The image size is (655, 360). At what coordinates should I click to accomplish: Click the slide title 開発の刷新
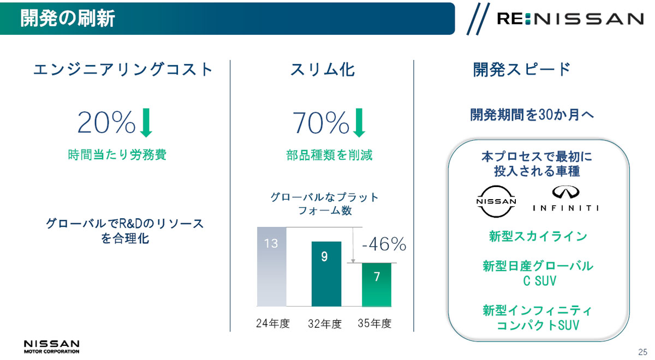pos(68,18)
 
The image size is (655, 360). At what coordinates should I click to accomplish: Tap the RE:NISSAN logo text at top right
pos(570,19)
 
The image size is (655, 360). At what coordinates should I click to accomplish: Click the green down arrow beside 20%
pos(146,123)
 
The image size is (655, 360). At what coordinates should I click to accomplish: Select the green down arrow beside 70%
pos(359,123)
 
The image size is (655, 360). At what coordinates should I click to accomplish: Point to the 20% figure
pos(106,122)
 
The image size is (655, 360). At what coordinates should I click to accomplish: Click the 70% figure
pos(321,122)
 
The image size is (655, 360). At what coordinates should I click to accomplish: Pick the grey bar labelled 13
pos(271,267)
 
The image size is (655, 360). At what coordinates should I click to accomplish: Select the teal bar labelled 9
pos(326,274)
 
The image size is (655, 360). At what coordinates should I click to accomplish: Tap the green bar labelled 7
pos(377,285)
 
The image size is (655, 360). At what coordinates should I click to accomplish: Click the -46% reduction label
pos(384,244)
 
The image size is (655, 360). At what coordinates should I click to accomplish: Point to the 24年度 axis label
pos(273,323)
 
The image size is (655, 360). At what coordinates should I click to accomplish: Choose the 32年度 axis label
pos(325,324)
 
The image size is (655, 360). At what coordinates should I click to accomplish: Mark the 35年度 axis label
pos(374,323)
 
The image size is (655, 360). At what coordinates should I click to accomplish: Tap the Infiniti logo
pos(565,199)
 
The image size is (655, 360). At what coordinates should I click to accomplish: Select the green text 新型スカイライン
pos(538,236)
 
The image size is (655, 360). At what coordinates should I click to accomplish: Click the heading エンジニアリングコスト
pos(123,70)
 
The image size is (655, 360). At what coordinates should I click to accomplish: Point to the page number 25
pos(642,352)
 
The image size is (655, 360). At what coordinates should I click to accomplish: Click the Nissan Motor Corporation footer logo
pos(51,347)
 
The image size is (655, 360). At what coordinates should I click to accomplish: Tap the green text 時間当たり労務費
pos(117,154)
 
